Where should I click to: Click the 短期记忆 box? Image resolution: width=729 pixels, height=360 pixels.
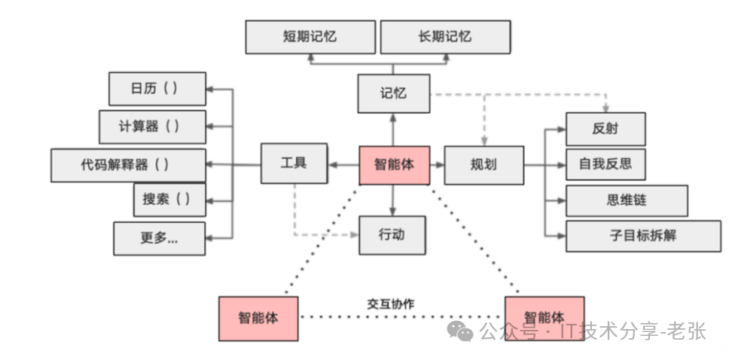[310, 37]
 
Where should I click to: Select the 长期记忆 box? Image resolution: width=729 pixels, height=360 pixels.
[445, 37]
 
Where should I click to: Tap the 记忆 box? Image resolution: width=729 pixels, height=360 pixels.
[394, 93]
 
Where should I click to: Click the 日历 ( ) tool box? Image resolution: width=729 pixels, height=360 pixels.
[157, 89]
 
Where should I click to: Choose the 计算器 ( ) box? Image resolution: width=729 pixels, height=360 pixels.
[152, 127]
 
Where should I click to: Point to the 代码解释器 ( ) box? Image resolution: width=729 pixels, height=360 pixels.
[128, 165]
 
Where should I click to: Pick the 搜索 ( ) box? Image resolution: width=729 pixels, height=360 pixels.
[169, 200]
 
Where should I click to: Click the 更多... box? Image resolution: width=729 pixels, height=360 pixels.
[160, 238]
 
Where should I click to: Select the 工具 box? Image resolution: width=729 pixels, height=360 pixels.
[294, 163]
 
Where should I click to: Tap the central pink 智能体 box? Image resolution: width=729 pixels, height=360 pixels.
[395, 165]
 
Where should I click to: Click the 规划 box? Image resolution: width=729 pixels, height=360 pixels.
[484, 165]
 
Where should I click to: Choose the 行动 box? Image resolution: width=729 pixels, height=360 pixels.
[392, 235]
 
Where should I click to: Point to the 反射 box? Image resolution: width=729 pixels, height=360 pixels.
[605, 129]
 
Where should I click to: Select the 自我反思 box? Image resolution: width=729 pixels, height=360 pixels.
[605, 164]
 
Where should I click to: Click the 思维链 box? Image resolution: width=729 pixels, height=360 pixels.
[627, 200]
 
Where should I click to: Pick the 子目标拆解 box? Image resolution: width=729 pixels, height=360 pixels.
[643, 236]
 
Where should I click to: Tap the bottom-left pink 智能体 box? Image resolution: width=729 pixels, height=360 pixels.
[258, 319]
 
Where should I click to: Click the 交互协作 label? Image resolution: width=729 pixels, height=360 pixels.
[391, 304]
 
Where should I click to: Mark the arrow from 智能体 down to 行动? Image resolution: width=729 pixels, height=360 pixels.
[393, 200]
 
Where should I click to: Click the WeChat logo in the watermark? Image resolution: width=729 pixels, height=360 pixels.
[460, 331]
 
